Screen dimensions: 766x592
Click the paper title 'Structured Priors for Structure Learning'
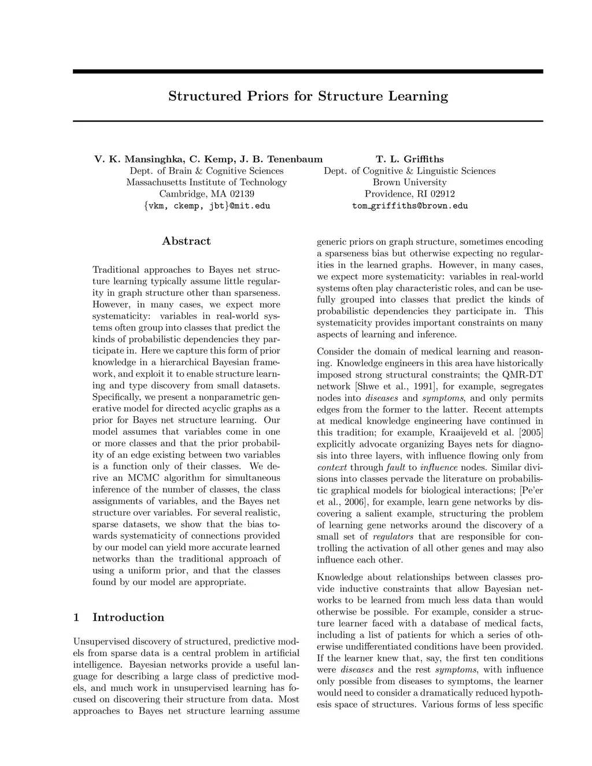tap(308, 96)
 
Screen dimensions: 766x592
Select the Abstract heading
tap(186, 241)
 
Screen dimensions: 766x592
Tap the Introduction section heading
tap(128, 617)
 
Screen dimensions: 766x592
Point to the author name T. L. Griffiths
tap(409, 159)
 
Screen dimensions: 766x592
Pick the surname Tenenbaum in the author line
tap(295, 159)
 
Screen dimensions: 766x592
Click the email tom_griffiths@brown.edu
tap(409, 206)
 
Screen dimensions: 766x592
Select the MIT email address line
tap(206, 206)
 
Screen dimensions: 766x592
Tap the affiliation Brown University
tap(409, 182)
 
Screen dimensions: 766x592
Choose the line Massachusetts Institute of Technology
tap(206, 182)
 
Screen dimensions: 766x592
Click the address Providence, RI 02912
tap(409, 194)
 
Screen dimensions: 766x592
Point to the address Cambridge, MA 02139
tap(206, 194)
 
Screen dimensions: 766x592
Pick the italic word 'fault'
tap(395, 467)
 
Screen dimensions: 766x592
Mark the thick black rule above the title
tap(308, 72)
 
